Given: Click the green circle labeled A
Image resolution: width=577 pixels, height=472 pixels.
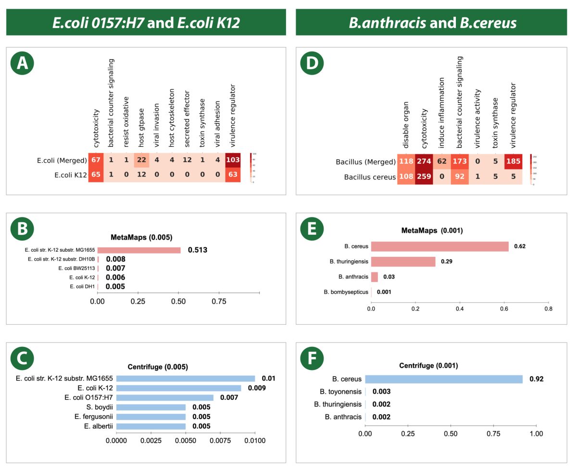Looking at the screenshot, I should tap(22, 64).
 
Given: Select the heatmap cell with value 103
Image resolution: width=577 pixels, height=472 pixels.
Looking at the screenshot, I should tap(236, 160).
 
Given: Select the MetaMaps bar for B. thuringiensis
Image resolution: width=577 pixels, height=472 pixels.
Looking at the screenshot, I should tap(403, 262).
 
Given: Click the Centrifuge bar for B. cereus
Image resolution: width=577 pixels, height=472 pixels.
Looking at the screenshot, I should tap(443, 379).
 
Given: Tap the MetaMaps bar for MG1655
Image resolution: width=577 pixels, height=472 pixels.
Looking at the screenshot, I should tap(139, 250).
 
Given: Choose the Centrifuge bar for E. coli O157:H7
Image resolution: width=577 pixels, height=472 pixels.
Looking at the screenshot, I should tap(164, 397).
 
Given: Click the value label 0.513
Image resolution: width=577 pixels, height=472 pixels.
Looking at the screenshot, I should tap(198, 250).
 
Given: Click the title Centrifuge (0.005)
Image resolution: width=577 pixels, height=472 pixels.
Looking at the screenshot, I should tap(157, 367).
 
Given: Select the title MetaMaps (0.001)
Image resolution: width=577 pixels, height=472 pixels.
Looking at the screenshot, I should tap(432, 230).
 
